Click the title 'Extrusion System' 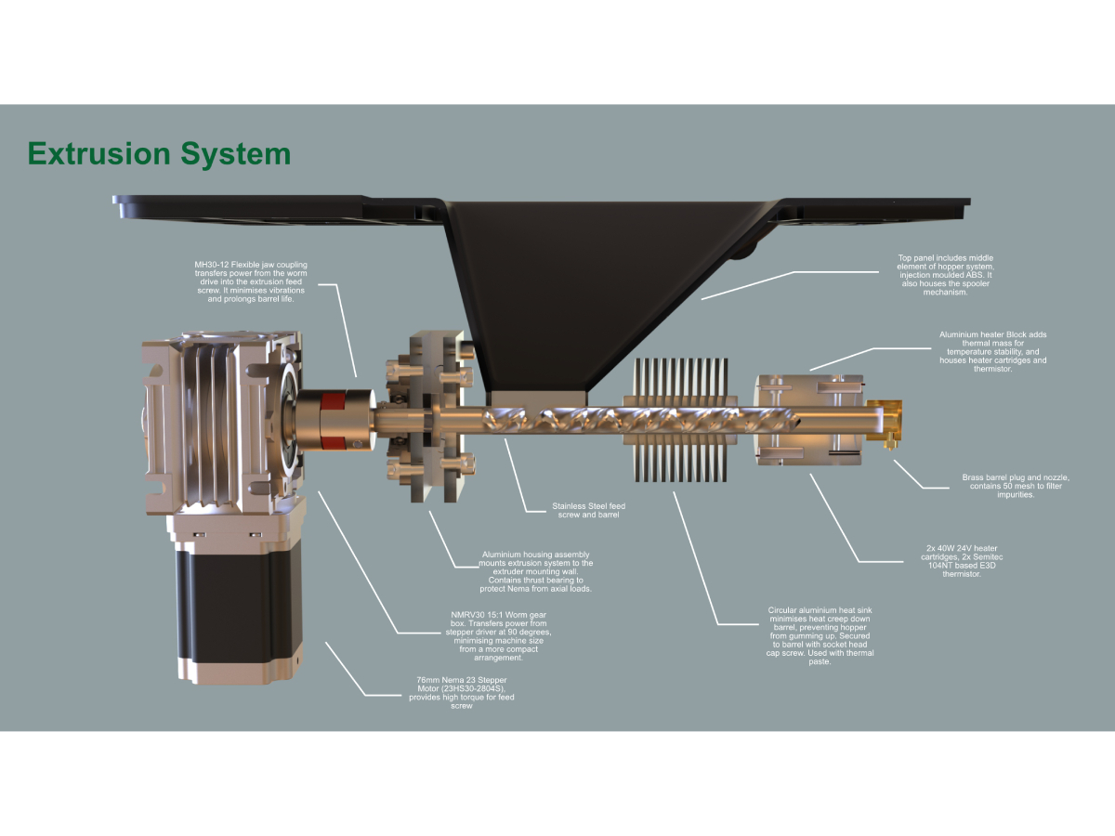click(x=159, y=153)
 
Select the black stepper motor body click(x=236, y=608)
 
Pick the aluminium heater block click(x=808, y=417)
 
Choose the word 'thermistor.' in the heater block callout click(x=991, y=369)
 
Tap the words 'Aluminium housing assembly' click(x=535, y=555)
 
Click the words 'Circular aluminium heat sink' click(x=820, y=610)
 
